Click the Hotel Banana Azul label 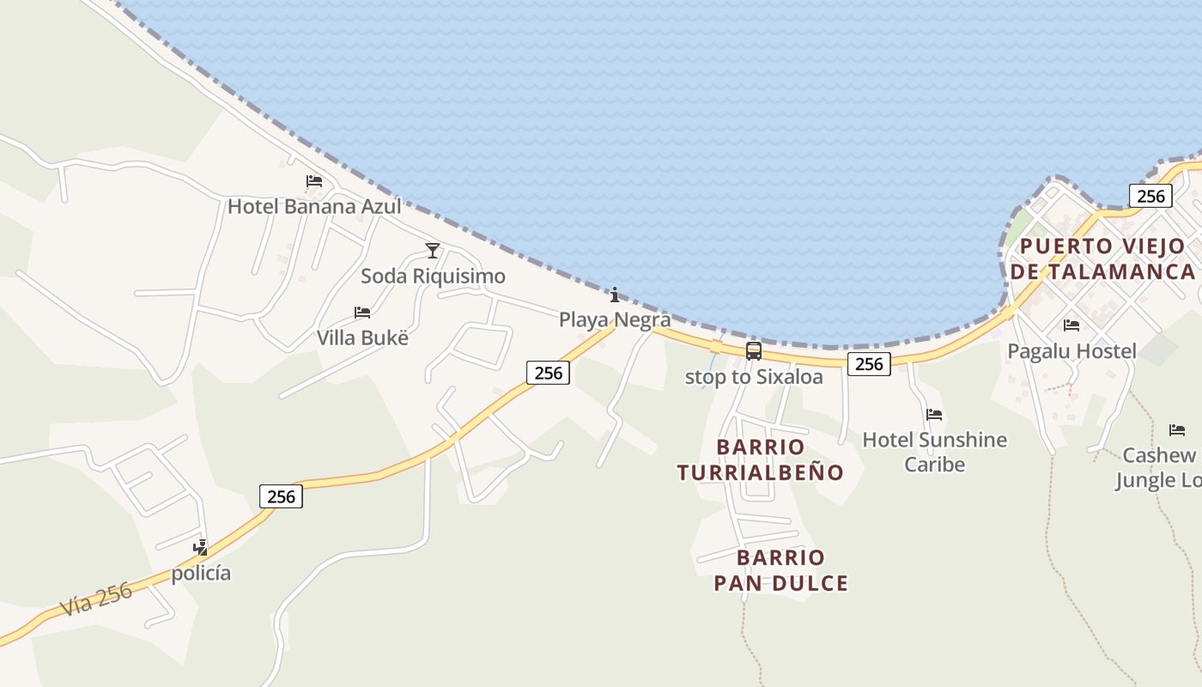tap(314, 206)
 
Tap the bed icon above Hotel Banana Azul tap(314, 181)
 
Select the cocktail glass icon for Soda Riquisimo tap(433, 251)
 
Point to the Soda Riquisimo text tap(433, 277)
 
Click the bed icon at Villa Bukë tap(362, 313)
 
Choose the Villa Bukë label tap(362, 337)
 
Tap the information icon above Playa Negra tap(615, 296)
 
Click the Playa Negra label tap(615, 320)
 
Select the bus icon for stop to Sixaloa tap(753, 351)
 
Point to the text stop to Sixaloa tap(753, 377)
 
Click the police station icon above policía tap(201, 547)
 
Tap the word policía tap(201, 573)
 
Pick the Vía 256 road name tap(96, 599)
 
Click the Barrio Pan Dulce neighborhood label tap(780, 570)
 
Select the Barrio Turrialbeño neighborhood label tap(761, 459)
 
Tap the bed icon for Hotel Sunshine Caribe tap(934, 415)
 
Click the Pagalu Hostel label tap(1071, 351)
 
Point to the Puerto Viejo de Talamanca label tap(1103, 259)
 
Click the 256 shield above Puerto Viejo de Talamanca tap(1150, 196)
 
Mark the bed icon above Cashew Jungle tap(1177, 430)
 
